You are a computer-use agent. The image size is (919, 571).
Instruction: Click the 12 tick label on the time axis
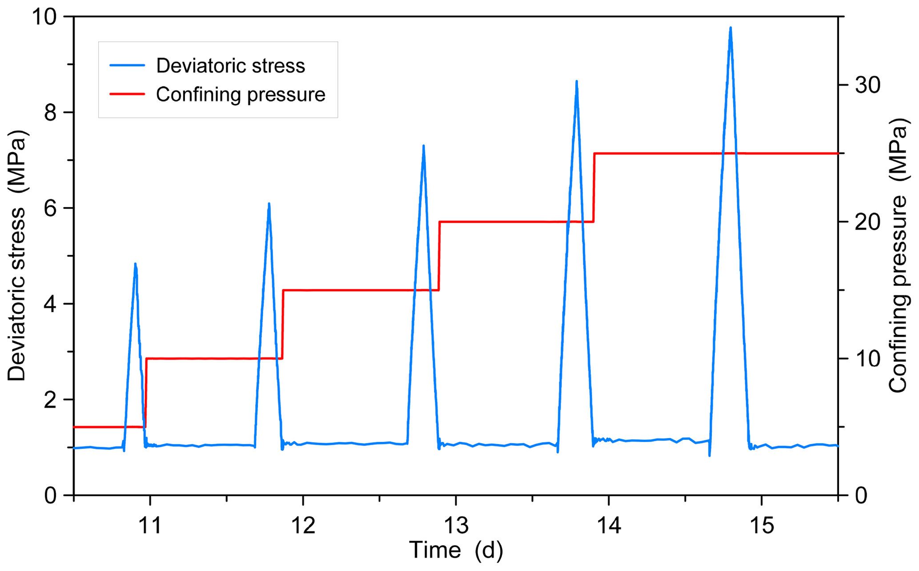(x=303, y=526)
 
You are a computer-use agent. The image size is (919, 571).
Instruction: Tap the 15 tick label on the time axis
(x=762, y=526)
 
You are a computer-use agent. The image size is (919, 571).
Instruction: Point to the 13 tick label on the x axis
(x=456, y=526)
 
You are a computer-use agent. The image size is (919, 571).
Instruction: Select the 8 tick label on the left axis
(x=51, y=113)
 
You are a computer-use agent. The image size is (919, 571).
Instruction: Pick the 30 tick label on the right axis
(x=867, y=85)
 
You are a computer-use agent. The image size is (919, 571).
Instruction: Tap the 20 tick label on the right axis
(x=867, y=222)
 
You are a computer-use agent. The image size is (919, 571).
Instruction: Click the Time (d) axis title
(x=456, y=551)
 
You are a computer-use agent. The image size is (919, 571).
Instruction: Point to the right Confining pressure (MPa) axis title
(x=898, y=256)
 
